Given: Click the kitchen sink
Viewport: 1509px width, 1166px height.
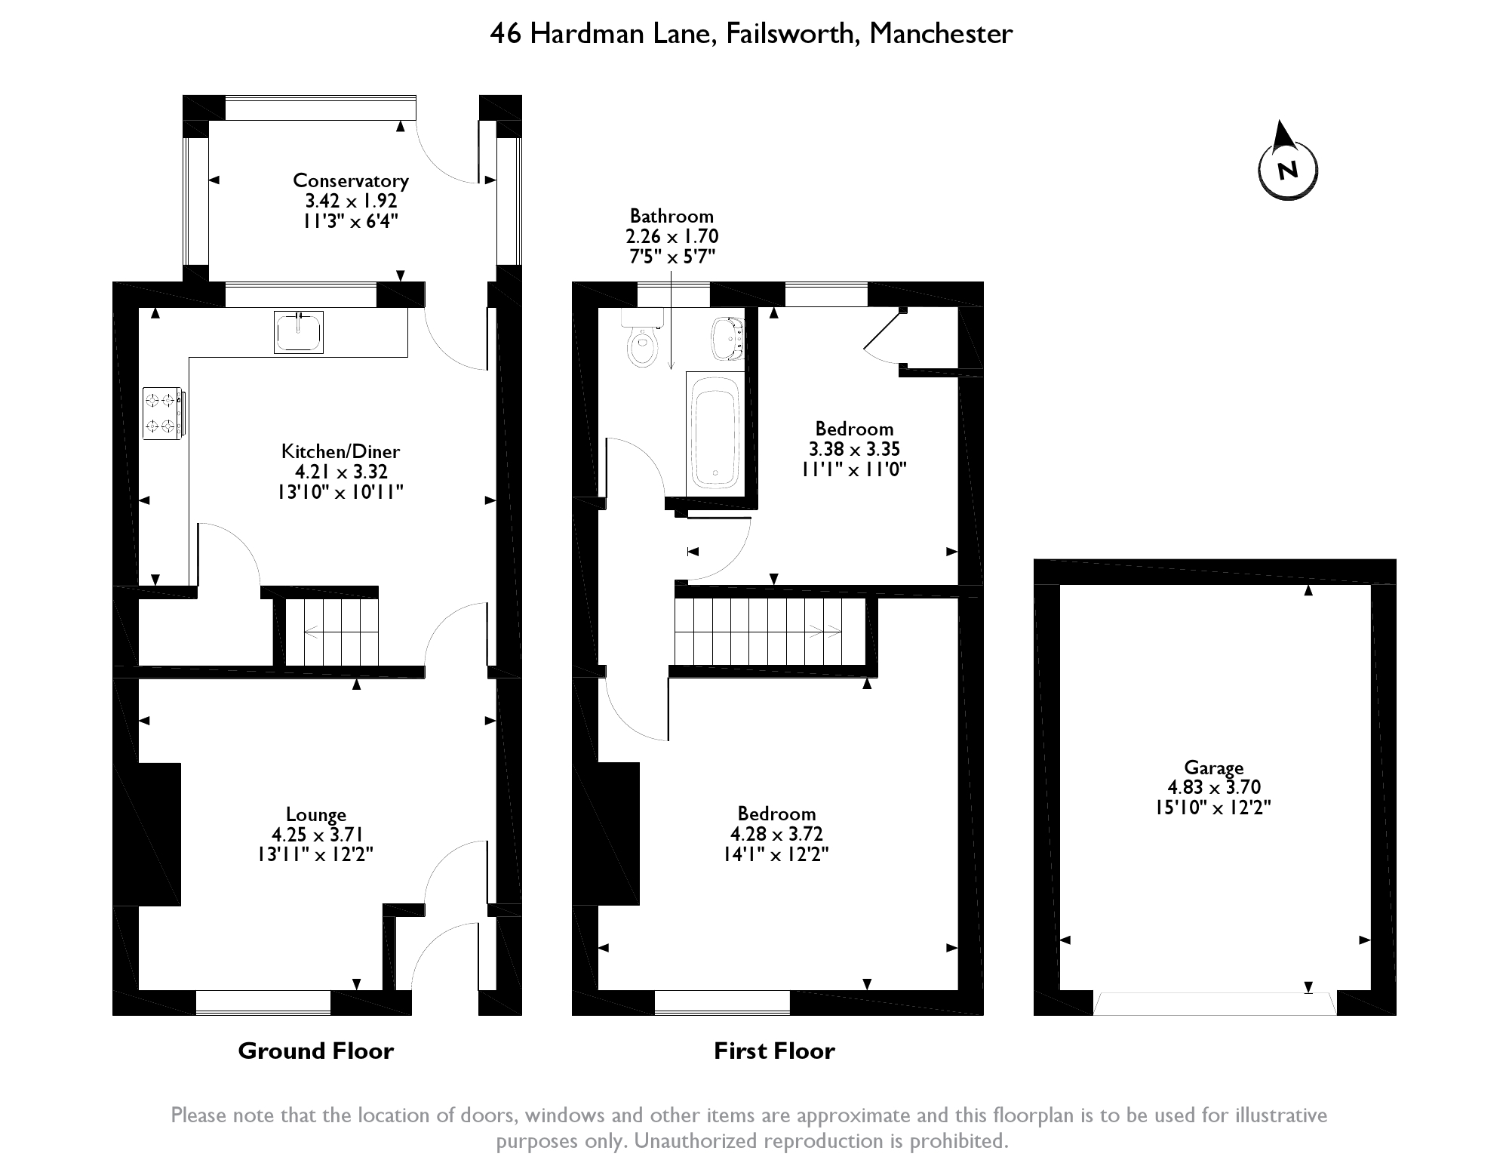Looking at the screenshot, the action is (299, 332).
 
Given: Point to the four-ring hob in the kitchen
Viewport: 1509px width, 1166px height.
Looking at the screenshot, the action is (162, 413).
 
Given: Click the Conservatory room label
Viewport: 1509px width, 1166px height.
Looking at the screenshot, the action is (351, 180).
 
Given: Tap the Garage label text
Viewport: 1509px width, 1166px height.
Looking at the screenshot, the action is (1214, 768).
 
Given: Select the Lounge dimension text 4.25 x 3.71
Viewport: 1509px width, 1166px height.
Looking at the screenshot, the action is (318, 835).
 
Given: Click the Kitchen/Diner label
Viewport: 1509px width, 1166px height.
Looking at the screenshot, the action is (340, 451).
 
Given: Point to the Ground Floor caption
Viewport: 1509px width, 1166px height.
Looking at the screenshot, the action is (316, 1051).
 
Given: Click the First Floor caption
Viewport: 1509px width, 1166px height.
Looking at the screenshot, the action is (775, 1051).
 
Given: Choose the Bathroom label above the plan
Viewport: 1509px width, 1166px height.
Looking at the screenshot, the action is (672, 217).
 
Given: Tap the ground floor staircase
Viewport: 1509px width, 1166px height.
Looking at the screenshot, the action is (332, 632).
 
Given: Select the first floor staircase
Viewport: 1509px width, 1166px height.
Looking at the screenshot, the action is (769, 631).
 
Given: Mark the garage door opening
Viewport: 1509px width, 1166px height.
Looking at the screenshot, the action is (1215, 1003).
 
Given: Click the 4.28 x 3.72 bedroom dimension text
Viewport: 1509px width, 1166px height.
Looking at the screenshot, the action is (776, 834).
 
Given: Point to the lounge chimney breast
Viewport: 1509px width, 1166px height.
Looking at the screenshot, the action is (159, 834).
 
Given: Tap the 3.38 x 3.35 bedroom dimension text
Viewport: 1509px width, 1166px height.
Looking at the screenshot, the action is (855, 449).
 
